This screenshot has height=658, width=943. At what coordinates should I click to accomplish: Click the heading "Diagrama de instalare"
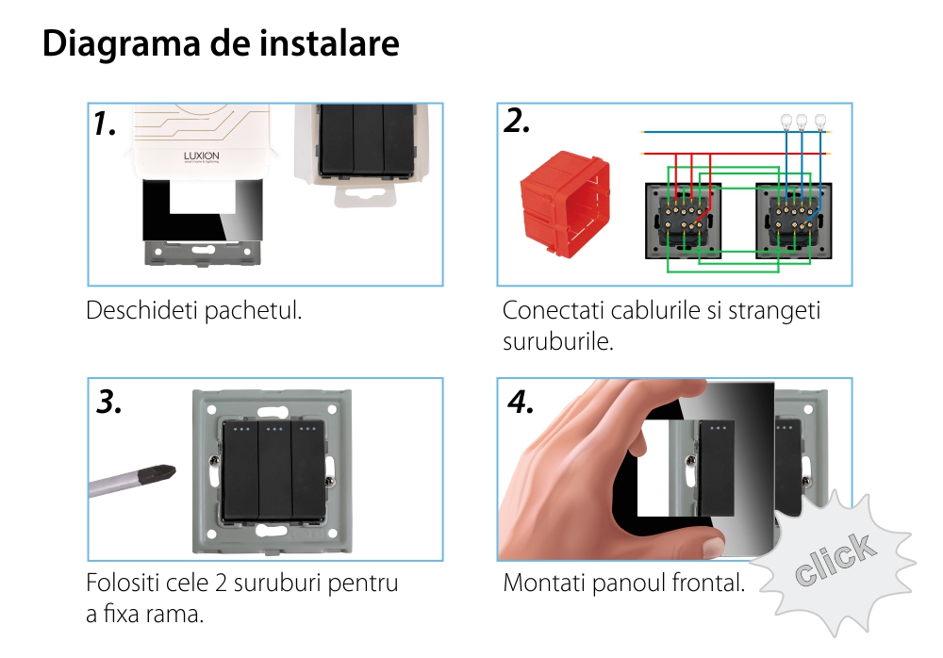tap(221, 44)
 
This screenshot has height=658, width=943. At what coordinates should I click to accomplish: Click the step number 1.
tap(105, 123)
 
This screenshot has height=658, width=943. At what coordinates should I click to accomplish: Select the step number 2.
tap(517, 121)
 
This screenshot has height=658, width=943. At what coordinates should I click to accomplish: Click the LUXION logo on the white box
tap(200, 156)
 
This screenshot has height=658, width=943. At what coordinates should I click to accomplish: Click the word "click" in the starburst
tap(834, 560)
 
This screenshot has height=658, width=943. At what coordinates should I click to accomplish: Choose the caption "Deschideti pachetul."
tap(194, 310)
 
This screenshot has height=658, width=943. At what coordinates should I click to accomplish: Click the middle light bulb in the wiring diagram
tap(802, 122)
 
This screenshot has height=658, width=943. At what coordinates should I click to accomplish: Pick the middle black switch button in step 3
tap(274, 471)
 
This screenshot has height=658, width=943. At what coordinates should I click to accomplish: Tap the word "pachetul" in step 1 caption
tap(260, 310)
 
